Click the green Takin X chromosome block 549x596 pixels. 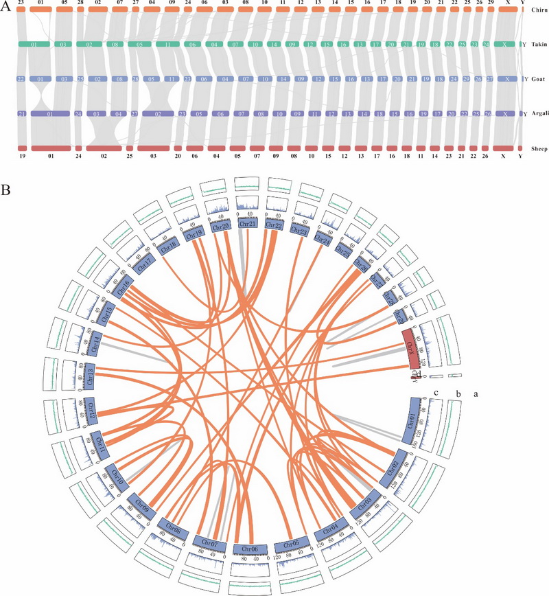(x=506, y=45)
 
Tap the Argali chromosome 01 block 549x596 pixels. (x=50, y=114)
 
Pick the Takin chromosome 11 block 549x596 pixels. (x=168, y=45)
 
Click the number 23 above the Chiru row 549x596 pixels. (x=21, y=3)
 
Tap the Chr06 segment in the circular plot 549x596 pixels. (x=250, y=549)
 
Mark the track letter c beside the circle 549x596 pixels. (x=435, y=393)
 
